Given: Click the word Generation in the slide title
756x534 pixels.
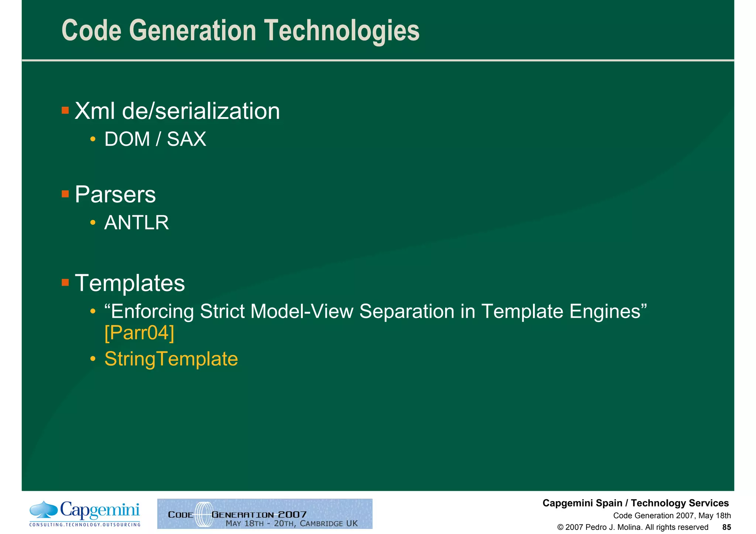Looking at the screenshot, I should pyautogui.click(x=192, y=31).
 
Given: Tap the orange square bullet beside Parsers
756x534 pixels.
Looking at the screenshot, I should pyautogui.click(x=65, y=194).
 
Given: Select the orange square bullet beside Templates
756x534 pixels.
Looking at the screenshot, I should pyautogui.click(x=65, y=283).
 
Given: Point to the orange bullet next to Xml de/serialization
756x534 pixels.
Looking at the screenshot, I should pyautogui.click(x=65, y=110).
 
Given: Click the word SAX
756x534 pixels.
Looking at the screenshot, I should pyautogui.click(x=186, y=139).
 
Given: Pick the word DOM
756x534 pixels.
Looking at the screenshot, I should pyautogui.click(x=127, y=139).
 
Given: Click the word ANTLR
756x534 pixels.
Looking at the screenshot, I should pyautogui.click(x=137, y=223).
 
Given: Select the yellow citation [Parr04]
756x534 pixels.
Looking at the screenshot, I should pyautogui.click(x=139, y=333).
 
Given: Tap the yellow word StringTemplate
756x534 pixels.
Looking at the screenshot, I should pyautogui.click(x=171, y=359).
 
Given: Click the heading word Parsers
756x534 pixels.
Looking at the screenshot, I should pyautogui.click(x=115, y=194).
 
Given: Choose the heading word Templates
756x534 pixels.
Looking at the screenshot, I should pyautogui.click(x=130, y=283).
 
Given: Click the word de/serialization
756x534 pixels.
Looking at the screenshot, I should pyautogui.click(x=201, y=111).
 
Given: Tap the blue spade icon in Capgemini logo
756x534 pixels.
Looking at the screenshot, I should pyautogui.click(x=44, y=509).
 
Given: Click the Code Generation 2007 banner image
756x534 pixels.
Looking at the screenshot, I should pyautogui.click(x=265, y=514).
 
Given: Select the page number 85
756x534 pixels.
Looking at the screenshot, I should pyautogui.click(x=726, y=527).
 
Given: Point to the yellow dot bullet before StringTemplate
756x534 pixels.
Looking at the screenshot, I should pyautogui.click(x=93, y=359).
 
